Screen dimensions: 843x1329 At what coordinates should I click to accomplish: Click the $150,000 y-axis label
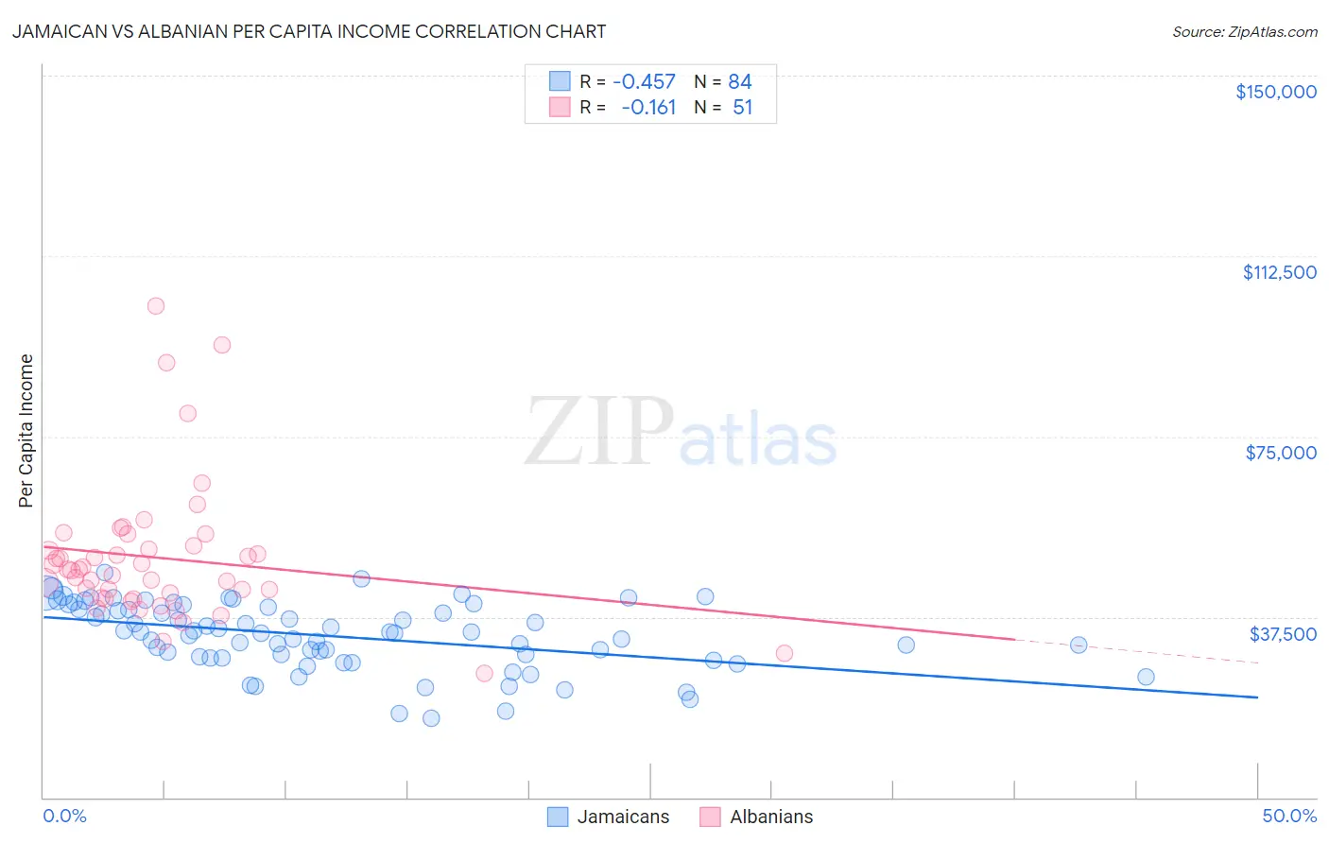click(1275, 92)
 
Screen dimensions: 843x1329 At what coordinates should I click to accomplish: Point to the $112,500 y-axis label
click(1279, 272)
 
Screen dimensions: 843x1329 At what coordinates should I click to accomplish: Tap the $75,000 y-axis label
click(1281, 453)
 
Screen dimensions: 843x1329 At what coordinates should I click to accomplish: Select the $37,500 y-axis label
click(1283, 633)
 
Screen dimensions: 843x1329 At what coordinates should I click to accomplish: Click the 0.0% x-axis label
click(64, 816)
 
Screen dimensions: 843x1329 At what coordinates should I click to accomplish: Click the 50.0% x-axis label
click(1289, 816)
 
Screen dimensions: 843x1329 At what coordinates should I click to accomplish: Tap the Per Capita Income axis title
click(26, 430)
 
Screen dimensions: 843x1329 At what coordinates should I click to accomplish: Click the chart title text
click(309, 31)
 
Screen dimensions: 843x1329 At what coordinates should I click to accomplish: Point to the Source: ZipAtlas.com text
click(1244, 31)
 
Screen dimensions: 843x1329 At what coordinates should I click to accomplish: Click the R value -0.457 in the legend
click(644, 81)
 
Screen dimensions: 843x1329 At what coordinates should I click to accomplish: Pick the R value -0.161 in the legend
click(648, 107)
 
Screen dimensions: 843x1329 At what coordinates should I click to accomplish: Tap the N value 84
click(739, 81)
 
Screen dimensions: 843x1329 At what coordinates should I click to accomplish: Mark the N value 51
click(742, 107)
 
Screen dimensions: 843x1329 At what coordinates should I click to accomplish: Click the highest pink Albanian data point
click(156, 306)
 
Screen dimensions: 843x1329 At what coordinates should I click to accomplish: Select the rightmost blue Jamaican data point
click(1146, 677)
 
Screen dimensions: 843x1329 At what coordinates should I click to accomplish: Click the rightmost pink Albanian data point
click(784, 653)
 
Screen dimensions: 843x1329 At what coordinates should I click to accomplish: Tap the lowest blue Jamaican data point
click(431, 718)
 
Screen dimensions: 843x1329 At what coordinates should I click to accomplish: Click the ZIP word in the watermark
click(599, 431)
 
